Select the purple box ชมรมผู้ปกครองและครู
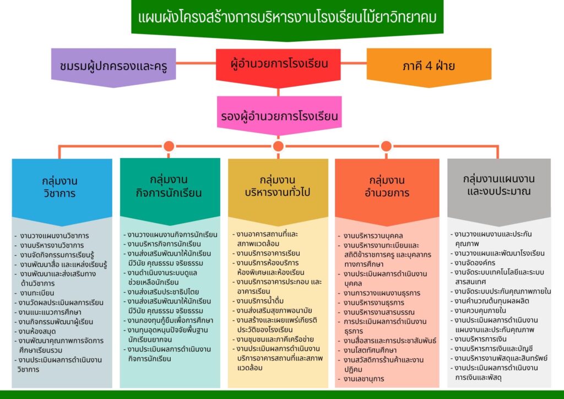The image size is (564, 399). tap(113, 67)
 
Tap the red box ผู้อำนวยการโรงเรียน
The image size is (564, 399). tap(278, 67)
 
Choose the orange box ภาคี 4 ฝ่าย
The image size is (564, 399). tap(429, 67)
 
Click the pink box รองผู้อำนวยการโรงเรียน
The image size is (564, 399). tap(279, 115)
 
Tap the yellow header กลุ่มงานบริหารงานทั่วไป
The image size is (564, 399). tap(278, 192)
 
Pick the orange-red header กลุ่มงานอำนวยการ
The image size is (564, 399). tap(387, 192)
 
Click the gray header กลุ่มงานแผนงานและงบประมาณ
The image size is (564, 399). tap(499, 192)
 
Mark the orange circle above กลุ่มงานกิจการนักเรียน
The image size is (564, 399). tap(169, 146)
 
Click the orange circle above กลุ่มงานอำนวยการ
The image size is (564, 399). tap(386, 146)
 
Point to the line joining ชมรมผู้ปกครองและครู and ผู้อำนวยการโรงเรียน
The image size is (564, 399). tap(196, 63)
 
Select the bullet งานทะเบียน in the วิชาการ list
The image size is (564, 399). tap(35, 293)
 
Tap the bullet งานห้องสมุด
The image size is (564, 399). tap(35, 331)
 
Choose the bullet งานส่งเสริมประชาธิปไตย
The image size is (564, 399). tap(161, 292)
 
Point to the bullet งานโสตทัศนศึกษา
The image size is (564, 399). tap(367, 350)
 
